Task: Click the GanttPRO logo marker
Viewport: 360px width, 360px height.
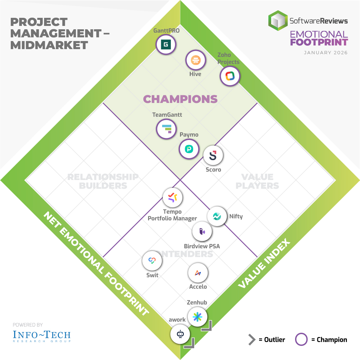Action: [166, 44]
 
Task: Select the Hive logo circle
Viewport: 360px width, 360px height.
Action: [195, 60]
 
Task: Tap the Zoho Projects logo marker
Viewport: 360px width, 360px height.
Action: [230, 76]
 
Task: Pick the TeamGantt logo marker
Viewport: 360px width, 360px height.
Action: [166, 129]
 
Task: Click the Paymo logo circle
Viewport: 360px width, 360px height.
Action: [189, 148]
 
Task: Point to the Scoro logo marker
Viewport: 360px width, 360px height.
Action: [213, 155]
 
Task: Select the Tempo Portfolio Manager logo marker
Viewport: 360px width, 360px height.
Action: [173, 197]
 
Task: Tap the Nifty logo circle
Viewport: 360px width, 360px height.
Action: [217, 216]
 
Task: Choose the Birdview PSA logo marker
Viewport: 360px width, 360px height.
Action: [202, 231]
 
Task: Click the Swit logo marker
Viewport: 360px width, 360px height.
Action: [152, 261]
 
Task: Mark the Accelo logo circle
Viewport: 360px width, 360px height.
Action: [198, 273]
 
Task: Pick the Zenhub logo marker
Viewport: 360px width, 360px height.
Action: [197, 317]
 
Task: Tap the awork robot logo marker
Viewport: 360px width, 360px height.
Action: [180, 334]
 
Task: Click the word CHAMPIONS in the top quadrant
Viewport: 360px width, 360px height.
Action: [180, 99]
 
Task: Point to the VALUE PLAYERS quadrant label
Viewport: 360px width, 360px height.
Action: [257, 181]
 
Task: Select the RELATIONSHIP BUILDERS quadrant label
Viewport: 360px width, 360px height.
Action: [103, 181]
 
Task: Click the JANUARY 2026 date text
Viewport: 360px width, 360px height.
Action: [325, 53]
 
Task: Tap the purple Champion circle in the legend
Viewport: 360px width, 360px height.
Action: [301, 339]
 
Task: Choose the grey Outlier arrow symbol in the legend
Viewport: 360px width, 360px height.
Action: [252, 339]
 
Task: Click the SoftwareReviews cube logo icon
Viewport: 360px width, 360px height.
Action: [278, 21]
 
